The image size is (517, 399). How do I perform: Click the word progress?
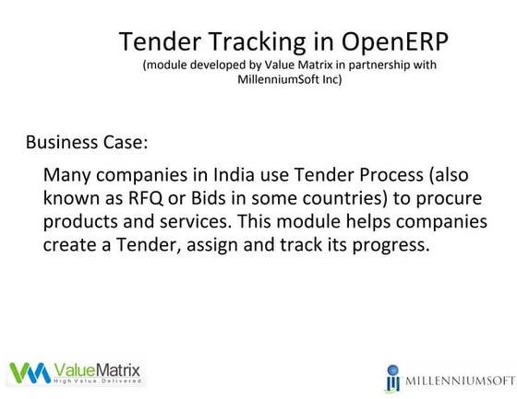[x=392, y=246]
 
